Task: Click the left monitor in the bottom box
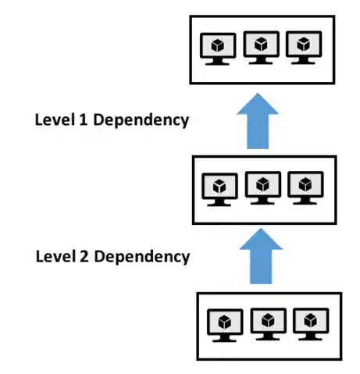pos(226,323)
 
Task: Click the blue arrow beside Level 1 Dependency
pos(260,120)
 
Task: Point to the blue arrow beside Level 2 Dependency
pos(261,255)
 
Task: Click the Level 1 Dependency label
pos(112,120)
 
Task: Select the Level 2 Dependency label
pos(112,256)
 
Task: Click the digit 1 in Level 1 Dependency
pos(80,120)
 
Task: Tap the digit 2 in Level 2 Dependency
pos(80,256)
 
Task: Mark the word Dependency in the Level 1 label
pos(140,121)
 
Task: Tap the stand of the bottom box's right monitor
pos(310,338)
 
